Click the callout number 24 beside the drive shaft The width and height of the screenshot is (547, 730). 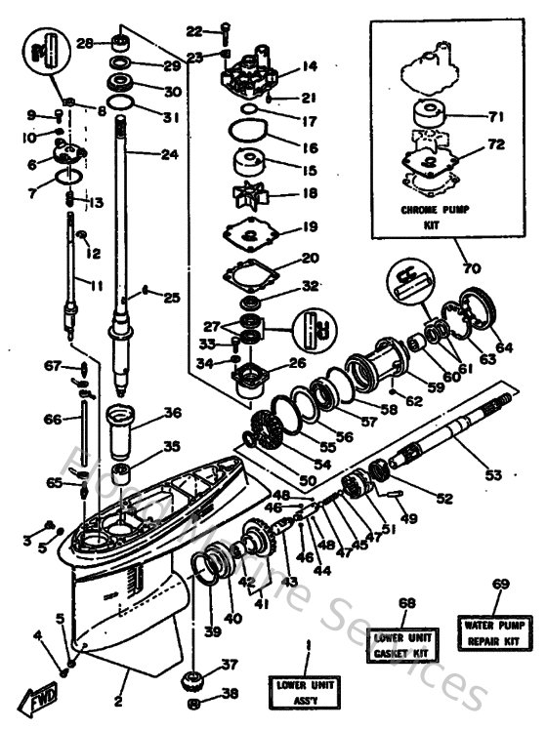click(172, 153)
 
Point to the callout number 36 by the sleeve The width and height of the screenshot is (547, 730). click(172, 413)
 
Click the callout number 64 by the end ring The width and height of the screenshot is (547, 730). click(503, 345)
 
